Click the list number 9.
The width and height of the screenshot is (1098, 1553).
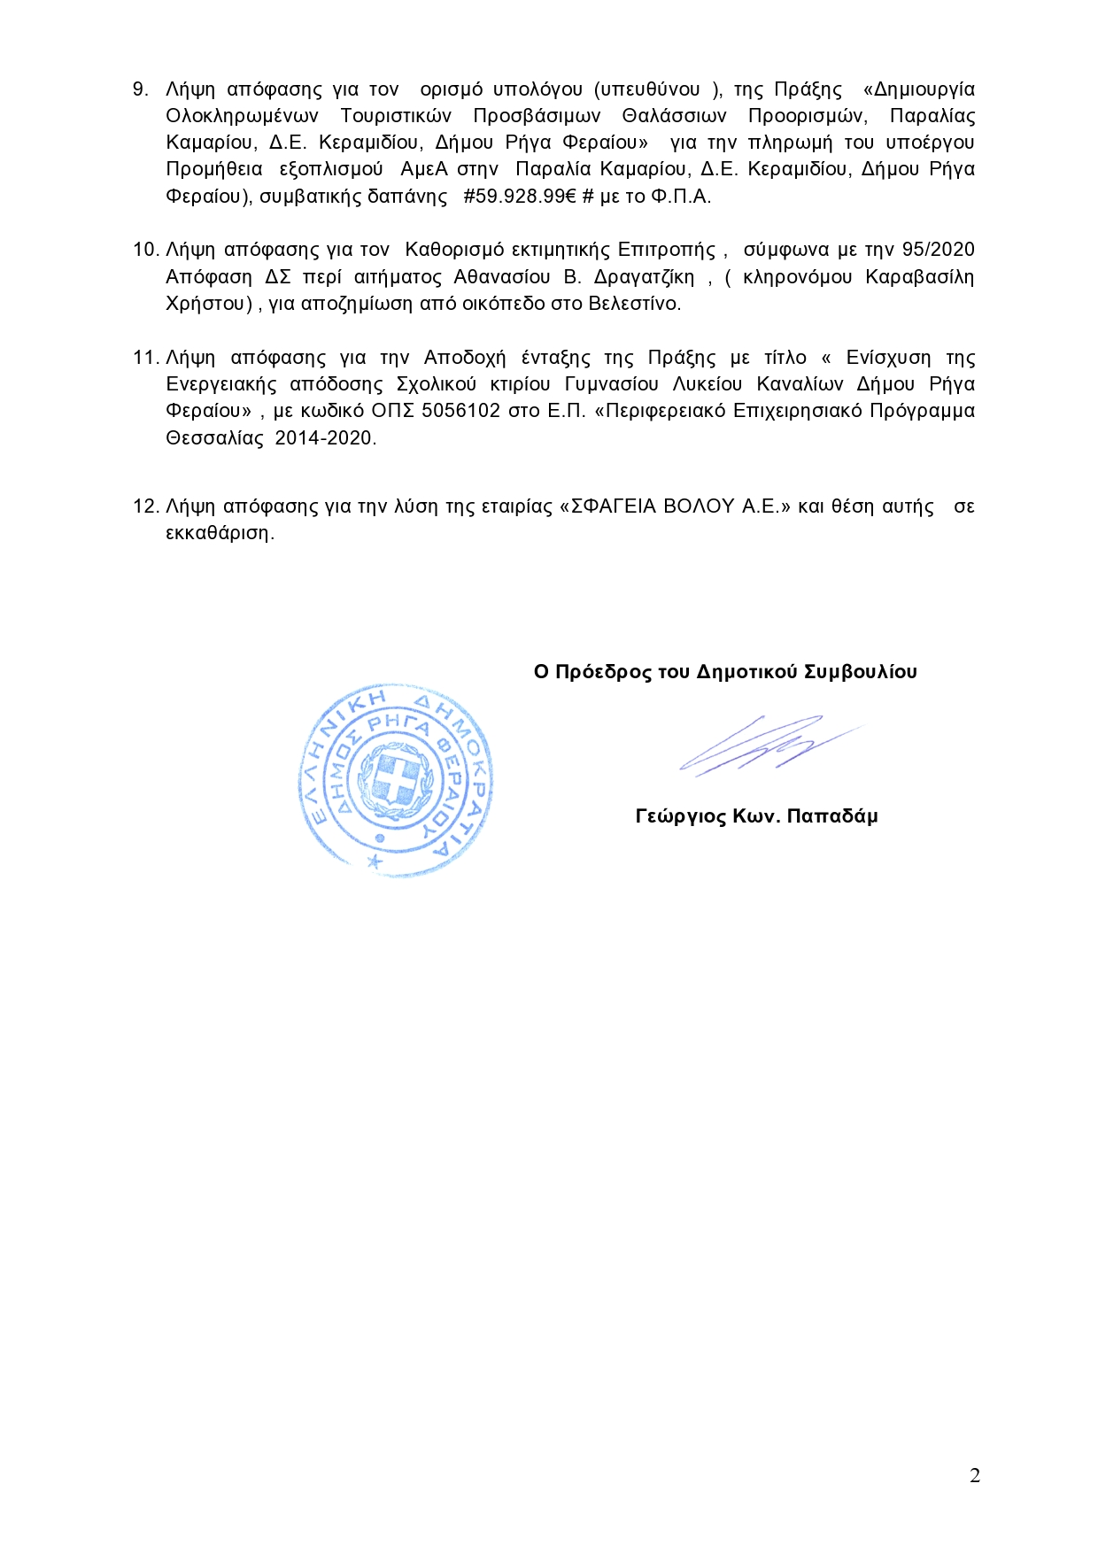[140, 89]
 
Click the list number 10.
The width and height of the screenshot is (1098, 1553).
[144, 250]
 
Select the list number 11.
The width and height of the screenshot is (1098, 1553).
[144, 358]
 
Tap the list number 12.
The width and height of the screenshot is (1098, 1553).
[144, 506]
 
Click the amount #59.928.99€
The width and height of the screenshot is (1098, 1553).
[520, 197]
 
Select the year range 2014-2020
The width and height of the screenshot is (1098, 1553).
[325, 438]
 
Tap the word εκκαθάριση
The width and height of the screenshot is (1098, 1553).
[220, 533]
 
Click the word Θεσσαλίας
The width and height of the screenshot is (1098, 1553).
[215, 438]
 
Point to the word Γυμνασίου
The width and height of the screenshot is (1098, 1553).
[612, 384]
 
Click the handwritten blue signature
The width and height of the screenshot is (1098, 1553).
[762, 745]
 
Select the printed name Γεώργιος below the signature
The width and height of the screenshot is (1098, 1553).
[679, 816]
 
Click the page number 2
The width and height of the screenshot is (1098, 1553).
[975, 1475]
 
